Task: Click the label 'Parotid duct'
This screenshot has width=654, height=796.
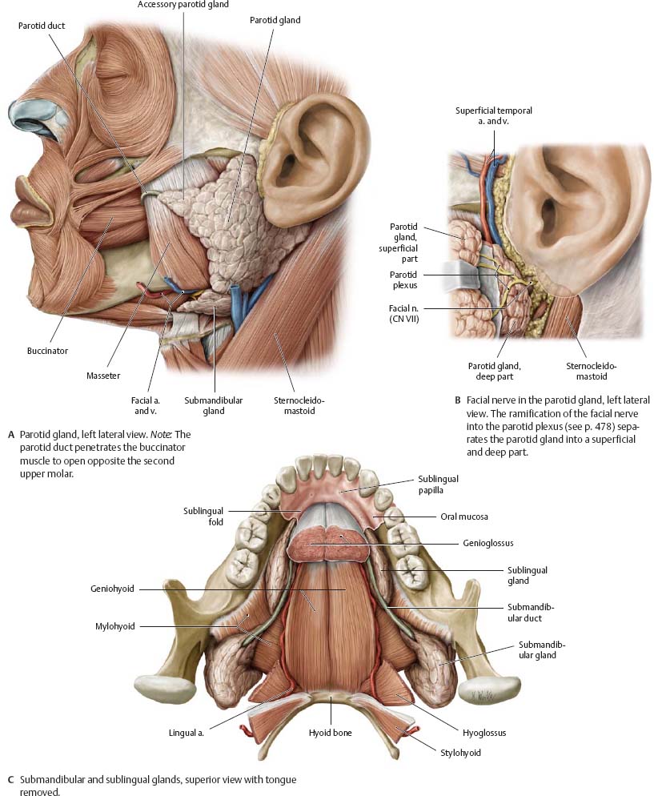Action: point(42,26)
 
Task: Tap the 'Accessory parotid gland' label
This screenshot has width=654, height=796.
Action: point(183,5)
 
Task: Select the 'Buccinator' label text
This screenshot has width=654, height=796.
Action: point(47,351)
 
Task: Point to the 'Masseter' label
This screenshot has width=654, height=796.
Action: point(103,376)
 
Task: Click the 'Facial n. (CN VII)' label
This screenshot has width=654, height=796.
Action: point(404,314)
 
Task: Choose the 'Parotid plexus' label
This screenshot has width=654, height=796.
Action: point(404,279)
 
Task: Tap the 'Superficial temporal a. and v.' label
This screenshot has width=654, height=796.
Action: point(494,116)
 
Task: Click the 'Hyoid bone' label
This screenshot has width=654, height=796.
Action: point(331,733)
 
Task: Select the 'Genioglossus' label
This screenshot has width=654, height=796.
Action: point(488,543)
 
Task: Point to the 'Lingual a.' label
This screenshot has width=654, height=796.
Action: point(187,733)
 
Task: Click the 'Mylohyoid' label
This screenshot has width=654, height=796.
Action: point(115,626)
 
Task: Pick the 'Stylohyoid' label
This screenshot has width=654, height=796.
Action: point(461,752)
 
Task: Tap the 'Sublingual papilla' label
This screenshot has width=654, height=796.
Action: point(438,484)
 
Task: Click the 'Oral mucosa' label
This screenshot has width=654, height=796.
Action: point(464,517)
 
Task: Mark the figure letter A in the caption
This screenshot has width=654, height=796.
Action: point(11,435)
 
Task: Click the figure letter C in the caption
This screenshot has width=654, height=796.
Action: point(10,780)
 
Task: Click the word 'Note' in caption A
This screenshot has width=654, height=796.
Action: point(162,435)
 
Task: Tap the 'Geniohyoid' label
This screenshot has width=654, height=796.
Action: point(112,589)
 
